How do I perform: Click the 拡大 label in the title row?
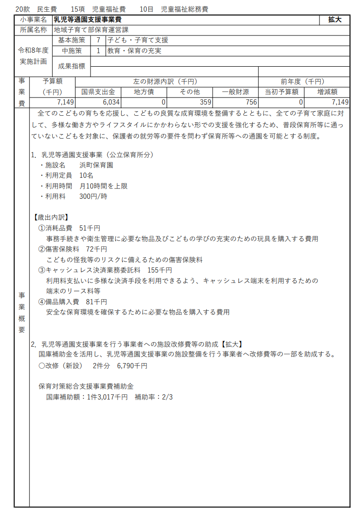334,20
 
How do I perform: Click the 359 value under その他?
205,102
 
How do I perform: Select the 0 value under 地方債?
163,102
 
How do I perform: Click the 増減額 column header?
327,92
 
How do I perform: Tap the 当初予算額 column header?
281,92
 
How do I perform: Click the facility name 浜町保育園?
96,165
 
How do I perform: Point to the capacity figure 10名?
86,175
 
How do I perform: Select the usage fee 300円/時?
93,196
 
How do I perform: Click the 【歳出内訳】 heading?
51,217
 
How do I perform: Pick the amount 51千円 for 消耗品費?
90,228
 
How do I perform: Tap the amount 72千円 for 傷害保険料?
97,249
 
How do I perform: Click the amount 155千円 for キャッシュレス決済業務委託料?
159,270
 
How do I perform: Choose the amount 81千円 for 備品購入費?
97,302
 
